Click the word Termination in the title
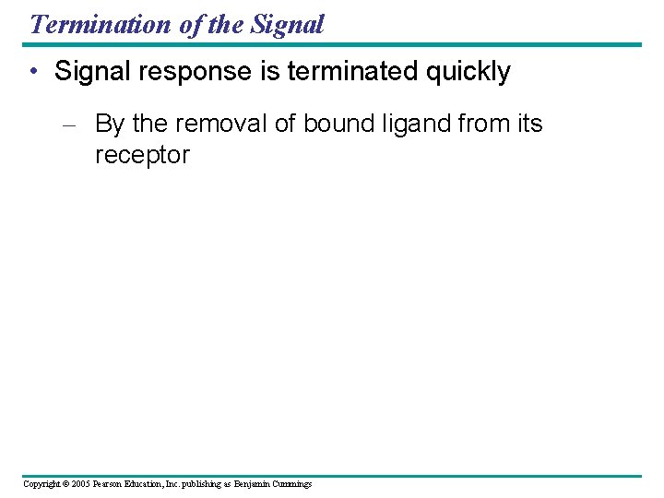coord(101,24)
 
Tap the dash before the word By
coord(74,125)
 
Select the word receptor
coord(142,155)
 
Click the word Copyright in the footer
coord(41,484)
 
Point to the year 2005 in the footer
coord(79,484)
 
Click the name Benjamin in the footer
coord(253,484)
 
